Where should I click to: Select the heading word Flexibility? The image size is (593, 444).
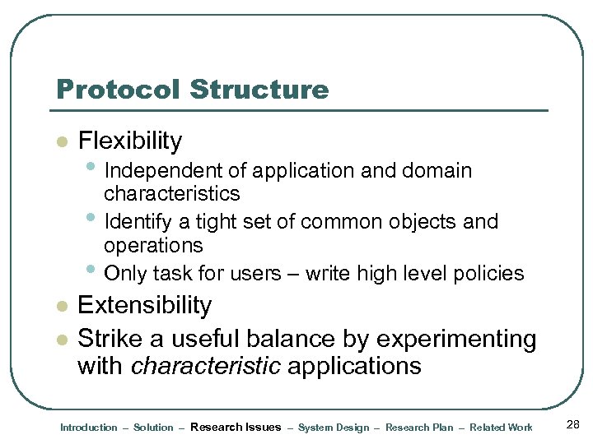click(x=129, y=141)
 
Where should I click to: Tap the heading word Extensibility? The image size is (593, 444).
click(x=144, y=305)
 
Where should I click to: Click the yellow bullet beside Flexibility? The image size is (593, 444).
click(x=59, y=142)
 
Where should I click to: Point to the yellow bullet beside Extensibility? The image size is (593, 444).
click(x=59, y=307)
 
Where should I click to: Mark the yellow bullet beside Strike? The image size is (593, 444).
click(x=59, y=340)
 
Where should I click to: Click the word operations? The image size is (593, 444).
click(x=153, y=245)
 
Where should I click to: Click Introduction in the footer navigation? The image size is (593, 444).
click(x=89, y=428)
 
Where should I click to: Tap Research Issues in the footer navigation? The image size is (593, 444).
click(x=236, y=427)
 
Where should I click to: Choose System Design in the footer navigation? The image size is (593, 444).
click(x=334, y=428)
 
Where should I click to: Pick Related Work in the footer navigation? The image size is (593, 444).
click(x=501, y=428)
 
